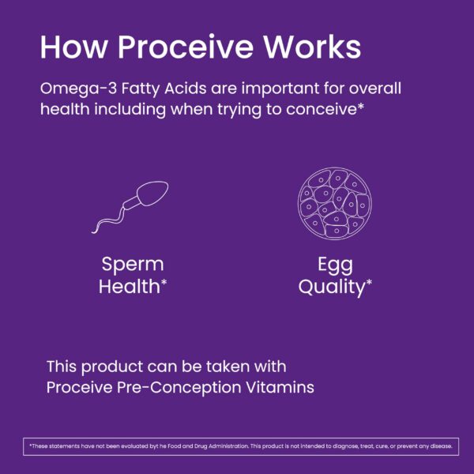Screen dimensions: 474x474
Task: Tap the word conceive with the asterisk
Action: click(x=325, y=109)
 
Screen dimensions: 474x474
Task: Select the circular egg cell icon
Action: click(x=332, y=202)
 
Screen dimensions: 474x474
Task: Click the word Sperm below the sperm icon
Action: click(x=132, y=265)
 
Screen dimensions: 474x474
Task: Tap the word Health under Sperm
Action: click(x=129, y=287)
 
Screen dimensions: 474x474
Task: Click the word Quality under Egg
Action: click(x=331, y=287)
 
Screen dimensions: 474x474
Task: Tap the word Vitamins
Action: click(x=283, y=388)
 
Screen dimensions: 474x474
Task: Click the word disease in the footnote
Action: click(x=439, y=446)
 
